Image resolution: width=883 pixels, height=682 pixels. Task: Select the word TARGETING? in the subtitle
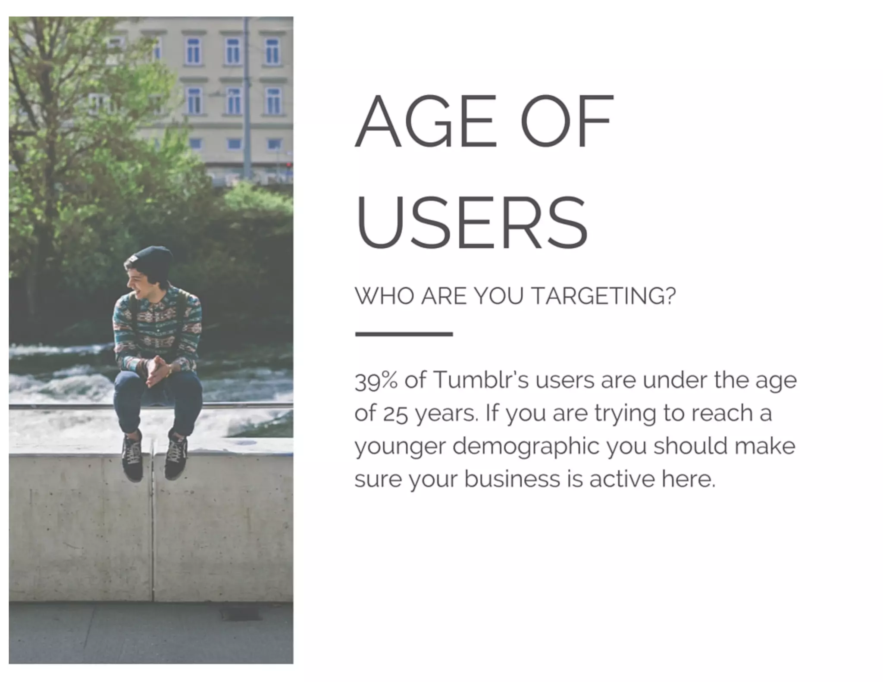[603, 296]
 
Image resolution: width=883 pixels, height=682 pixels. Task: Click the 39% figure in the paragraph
[376, 380]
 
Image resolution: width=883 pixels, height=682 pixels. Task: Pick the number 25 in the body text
[395, 414]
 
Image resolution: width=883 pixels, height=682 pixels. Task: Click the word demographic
[526, 447]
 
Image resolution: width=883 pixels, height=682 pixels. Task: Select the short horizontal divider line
[404, 334]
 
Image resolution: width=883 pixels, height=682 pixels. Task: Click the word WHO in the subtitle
[384, 296]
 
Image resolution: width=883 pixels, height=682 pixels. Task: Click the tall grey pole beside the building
[247, 99]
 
